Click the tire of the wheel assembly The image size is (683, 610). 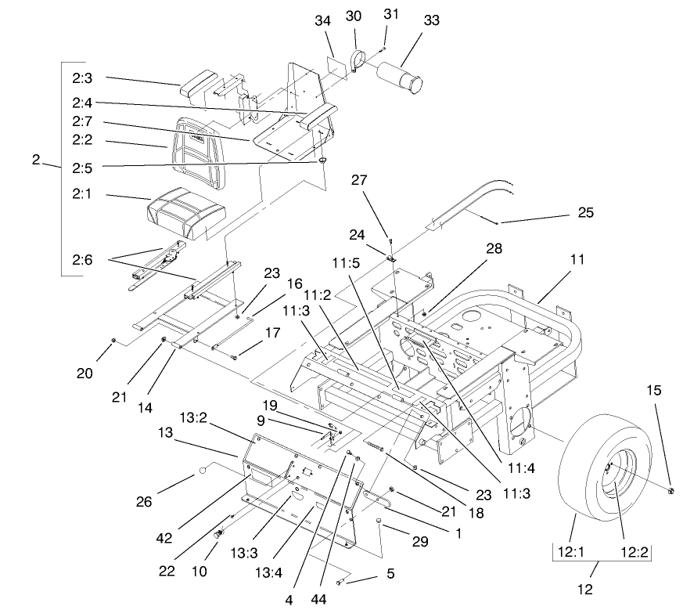pyautogui.click(x=579, y=478)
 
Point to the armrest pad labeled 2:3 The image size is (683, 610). pyautogui.click(x=204, y=83)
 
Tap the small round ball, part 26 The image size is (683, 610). pyautogui.click(x=203, y=471)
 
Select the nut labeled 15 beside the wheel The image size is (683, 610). pyautogui.click(x=671, y=490)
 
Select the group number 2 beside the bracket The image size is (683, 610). pyautogui.click(x=36, y=159)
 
